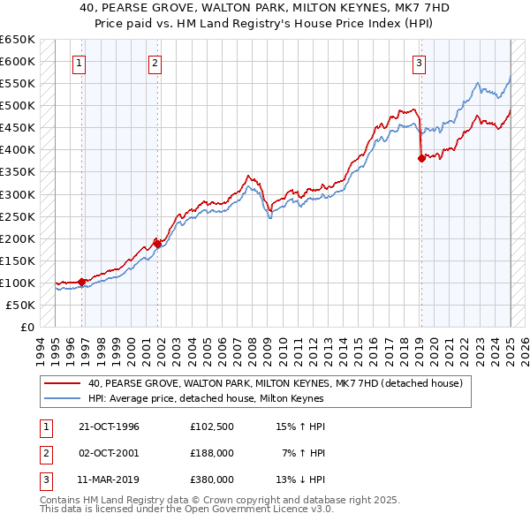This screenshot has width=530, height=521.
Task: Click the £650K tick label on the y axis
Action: point(18,40)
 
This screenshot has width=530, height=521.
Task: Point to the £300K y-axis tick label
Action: point(18,194)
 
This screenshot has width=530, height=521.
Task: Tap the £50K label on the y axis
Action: point(20,305)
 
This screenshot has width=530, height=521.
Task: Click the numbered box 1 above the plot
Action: point(79,63)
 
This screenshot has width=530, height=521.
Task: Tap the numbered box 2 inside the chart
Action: point(155,63)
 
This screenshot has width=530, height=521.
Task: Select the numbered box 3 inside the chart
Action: point(419,63)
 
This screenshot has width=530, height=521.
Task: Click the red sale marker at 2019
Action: point(421,159)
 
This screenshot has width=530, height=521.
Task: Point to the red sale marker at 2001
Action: point(157,244)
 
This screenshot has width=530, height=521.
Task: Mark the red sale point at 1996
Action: point(82,282)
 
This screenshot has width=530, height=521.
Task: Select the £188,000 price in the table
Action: point(212,453)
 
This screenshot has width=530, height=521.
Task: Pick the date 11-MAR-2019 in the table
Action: point(110,479)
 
